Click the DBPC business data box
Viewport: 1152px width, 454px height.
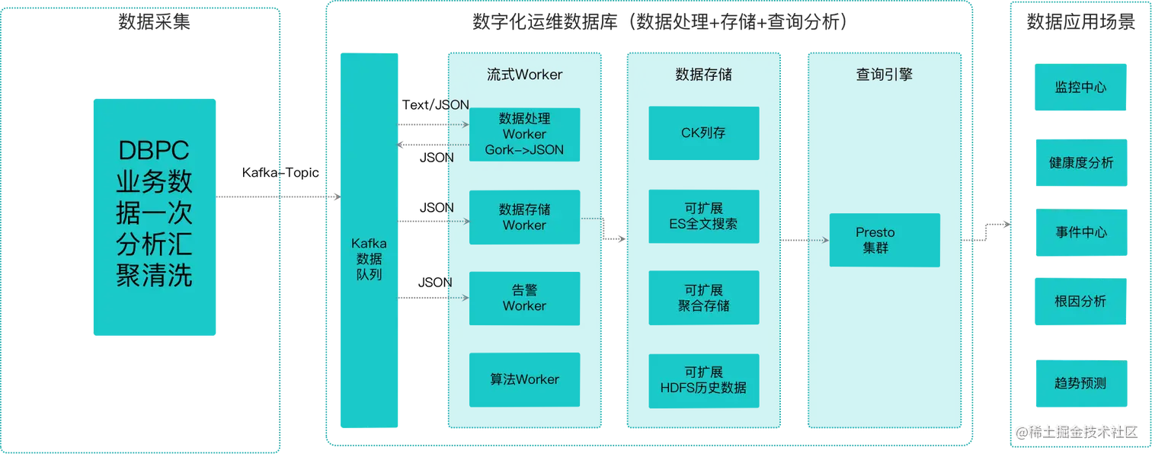click(x=155, y=217)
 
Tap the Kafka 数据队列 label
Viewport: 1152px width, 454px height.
click(x=369, y=259)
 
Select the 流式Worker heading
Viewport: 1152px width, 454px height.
click(x=524, y=74)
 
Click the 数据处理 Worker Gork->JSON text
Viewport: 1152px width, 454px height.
click(x=524, y=134)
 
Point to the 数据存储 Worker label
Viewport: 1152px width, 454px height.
click(x=524, y=217)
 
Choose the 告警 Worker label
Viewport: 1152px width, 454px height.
click(x=524, y=298)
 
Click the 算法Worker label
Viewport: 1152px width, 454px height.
click(x=524, y=379)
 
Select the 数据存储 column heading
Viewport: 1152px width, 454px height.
click(x=703, y=74)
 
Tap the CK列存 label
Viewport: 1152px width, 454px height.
click(x=703, y=133)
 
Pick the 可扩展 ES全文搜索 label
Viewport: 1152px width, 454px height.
click(x=703, y=216)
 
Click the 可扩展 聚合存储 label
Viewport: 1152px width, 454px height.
click(x=703, y=298)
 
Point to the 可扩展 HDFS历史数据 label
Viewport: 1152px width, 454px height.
click(x=703, y=379)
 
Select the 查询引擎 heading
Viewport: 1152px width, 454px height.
click(x=884, y=74)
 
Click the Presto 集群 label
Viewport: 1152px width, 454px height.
click(x=875, y=240)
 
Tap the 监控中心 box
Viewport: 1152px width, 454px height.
click(x=1080, y=88)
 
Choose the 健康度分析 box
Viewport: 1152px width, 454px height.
click(x=1080, y=162)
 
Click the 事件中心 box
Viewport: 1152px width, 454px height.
click(x=1080, y=232)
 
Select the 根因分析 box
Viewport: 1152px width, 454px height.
click(x=1080, y=301)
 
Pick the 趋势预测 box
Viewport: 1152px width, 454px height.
click(x=1080, y=383)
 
